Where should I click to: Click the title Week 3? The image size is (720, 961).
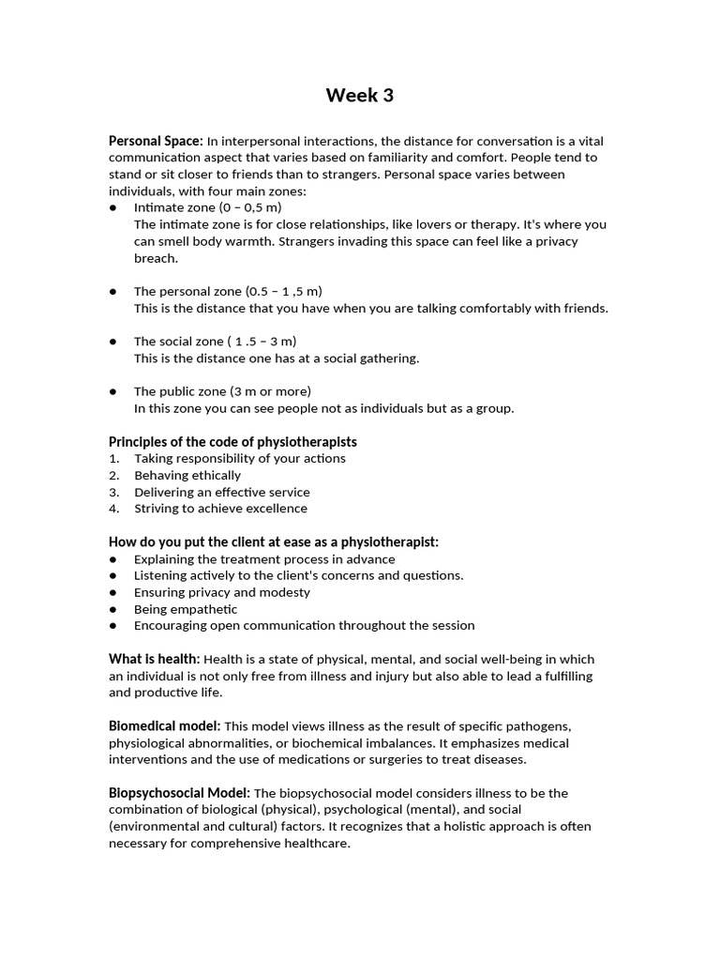pos(360,95)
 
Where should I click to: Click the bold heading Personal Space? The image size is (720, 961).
pos(156,141)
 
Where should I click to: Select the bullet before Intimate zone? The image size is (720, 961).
pos(112,207)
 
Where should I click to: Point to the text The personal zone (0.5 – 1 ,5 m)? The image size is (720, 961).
pos(228,291)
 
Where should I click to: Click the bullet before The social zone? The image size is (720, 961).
pos(112,342)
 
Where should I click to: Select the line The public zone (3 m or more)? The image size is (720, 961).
pos(222,391)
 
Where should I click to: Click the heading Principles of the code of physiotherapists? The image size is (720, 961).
pos(232,442)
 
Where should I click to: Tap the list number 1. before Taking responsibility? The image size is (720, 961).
pos(113,459)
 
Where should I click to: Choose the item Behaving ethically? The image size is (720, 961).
pos(187,476)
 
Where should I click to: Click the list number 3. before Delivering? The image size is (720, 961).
pos(113,493)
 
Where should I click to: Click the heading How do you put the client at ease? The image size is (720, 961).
pos(274,542)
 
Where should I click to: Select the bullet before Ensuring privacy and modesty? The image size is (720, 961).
pos(112,593)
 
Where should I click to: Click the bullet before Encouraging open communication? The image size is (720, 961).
pos(112,626)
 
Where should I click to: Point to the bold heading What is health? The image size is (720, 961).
pos(154,660)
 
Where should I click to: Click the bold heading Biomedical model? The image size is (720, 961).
pos(165,726)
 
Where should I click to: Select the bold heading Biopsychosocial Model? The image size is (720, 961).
pos(180,793)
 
